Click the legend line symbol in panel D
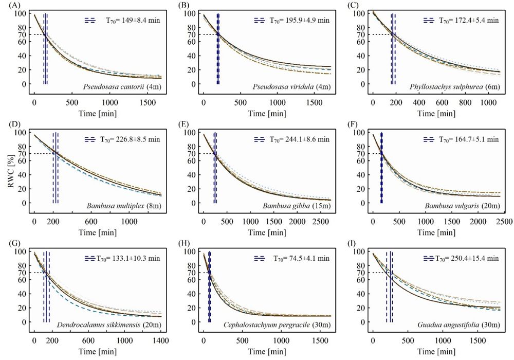(90, 139)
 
